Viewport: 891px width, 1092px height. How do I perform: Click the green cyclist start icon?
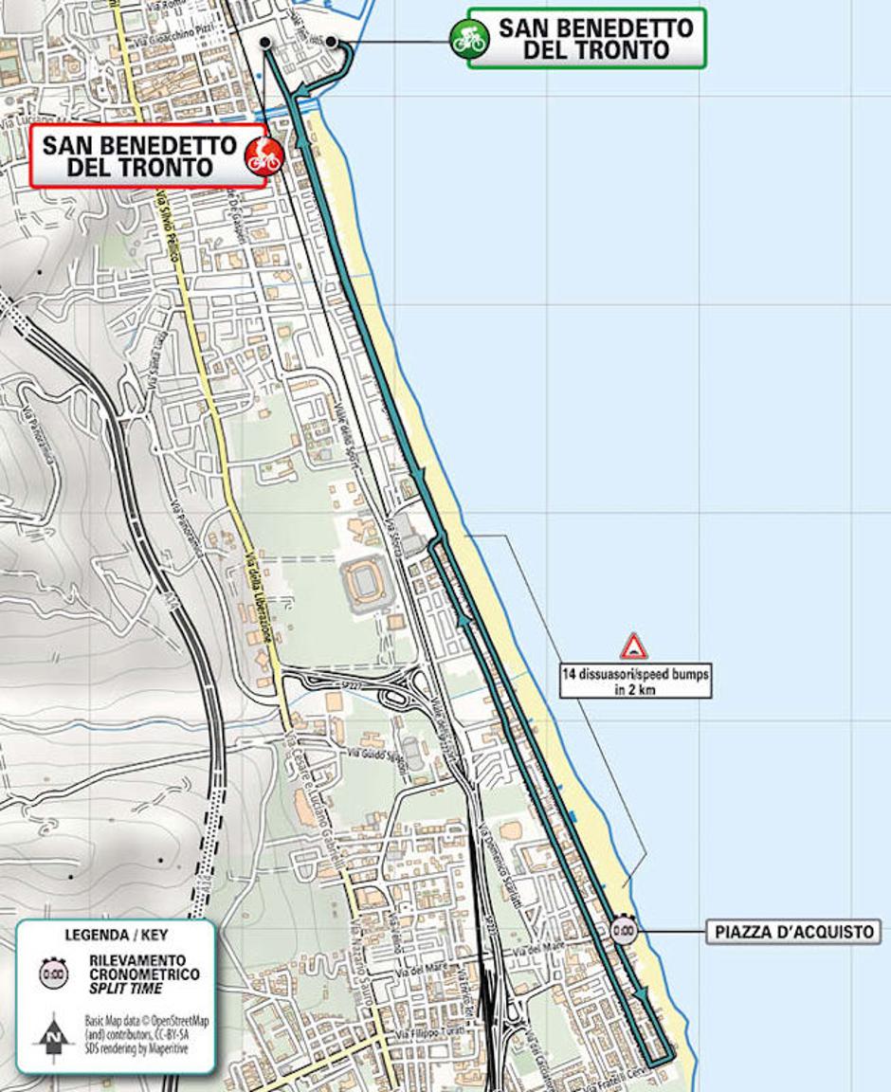(x=468, y=39)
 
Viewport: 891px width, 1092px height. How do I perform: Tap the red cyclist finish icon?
(x=264, y=155)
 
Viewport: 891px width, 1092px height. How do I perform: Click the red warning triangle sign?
(x=633, y=647)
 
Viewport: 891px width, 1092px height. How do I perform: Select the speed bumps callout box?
(x=634, y=682)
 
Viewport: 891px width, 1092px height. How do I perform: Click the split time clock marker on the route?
(x=624, y=930)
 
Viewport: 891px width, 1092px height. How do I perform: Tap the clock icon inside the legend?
(x=53, y=973)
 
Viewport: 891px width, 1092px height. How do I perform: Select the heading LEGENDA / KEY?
(x=115, y=935)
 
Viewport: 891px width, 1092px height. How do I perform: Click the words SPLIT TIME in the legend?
(x=125, y=989)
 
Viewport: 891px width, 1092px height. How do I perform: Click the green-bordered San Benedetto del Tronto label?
(x=596, y=39)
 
